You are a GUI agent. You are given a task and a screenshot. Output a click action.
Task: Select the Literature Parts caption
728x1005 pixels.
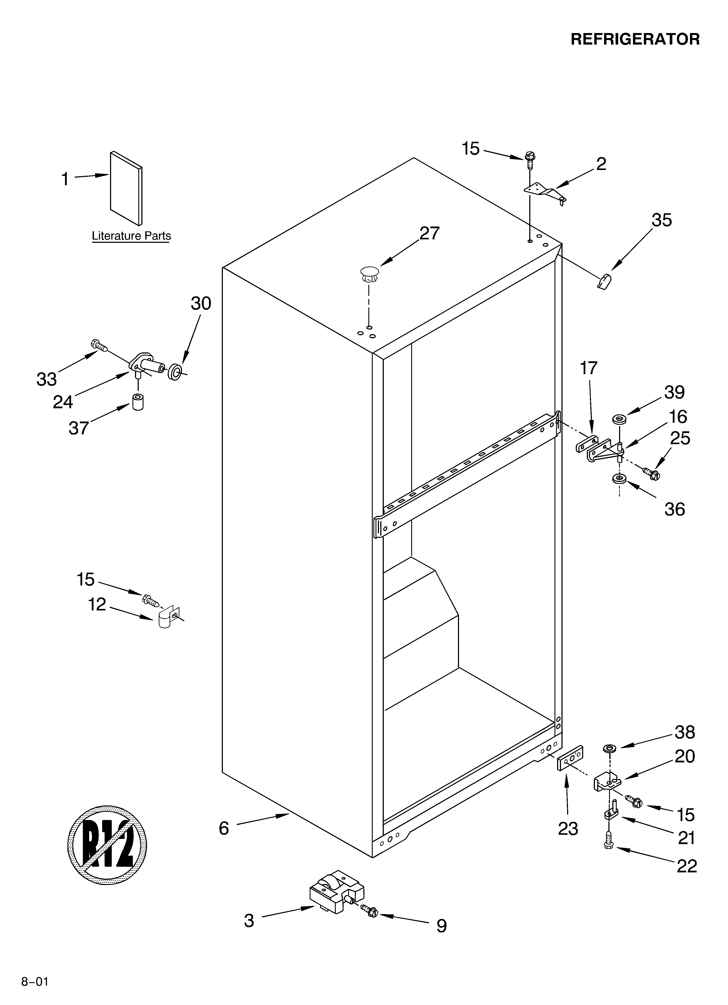pos(131,236)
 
